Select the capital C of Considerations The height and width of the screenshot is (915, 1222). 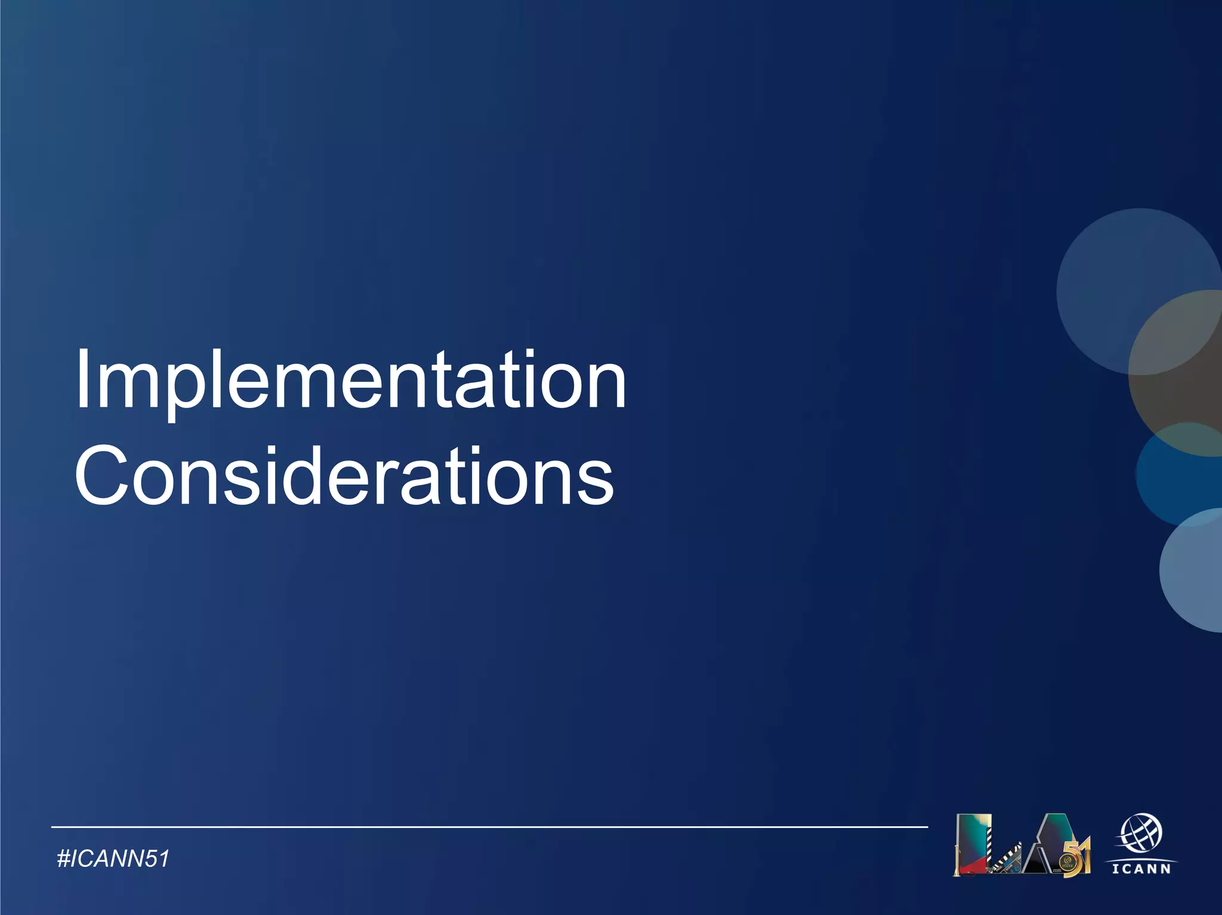(101, 476)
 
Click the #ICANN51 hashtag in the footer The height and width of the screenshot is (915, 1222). (113, 859)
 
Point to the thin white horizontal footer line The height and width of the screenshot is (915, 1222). (489, 827)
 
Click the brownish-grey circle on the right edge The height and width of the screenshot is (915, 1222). (1178, 376)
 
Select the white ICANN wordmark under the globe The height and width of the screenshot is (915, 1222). (1141, 868)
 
